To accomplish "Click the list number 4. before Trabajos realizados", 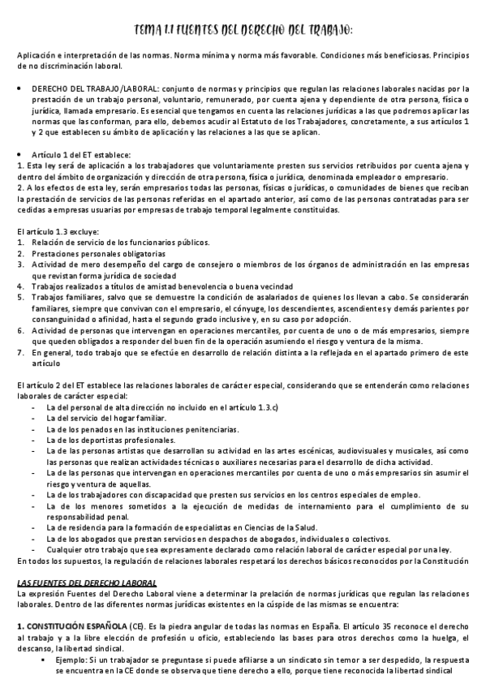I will point(19,286).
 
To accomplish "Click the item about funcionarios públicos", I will point(120,242).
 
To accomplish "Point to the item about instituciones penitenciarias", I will point(143,428).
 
